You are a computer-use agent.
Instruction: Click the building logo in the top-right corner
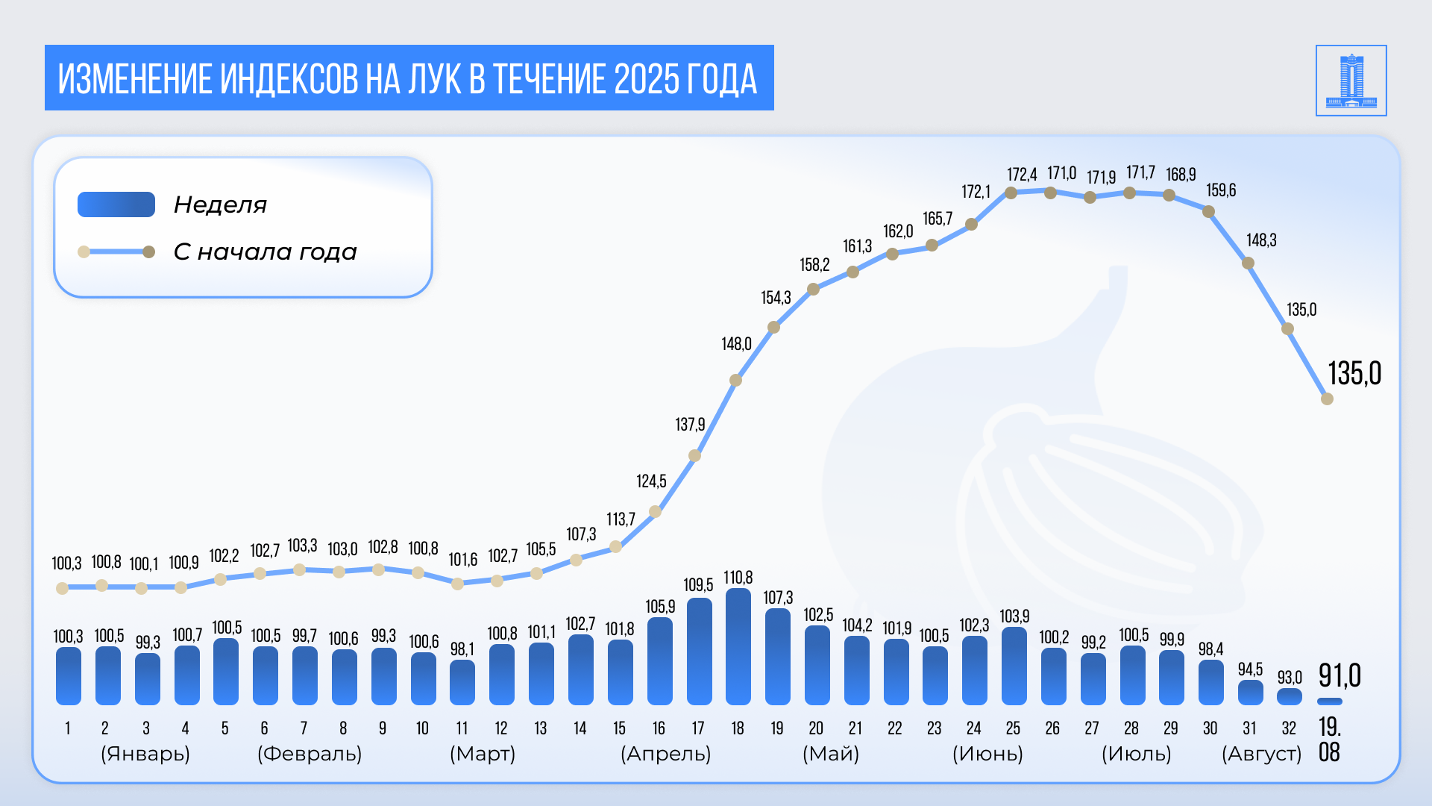(1351, 81)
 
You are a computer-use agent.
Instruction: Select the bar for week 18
(738, 647)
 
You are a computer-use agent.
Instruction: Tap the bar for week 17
(699, 652)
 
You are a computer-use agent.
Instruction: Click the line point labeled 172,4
(1011, 193)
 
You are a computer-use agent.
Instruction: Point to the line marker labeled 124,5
(655, 511)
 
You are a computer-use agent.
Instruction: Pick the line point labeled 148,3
(1248, 263)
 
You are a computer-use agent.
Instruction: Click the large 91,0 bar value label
(1340, 675)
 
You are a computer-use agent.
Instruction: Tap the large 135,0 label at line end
(1354, 373)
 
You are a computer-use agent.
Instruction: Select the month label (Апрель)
(665, 754)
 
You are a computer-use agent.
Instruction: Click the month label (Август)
(1261, 754)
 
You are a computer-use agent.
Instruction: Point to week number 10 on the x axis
(422, 728)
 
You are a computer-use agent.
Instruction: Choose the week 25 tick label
(1013, 728)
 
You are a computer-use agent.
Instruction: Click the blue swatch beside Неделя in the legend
(116, 204)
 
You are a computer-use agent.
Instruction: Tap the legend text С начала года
(265, 252)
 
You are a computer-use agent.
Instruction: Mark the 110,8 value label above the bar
(738, 578)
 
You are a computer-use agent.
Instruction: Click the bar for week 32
(1290, 697)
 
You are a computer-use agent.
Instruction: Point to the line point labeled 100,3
(63, 588)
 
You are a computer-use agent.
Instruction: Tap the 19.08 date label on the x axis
(1329, 739)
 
